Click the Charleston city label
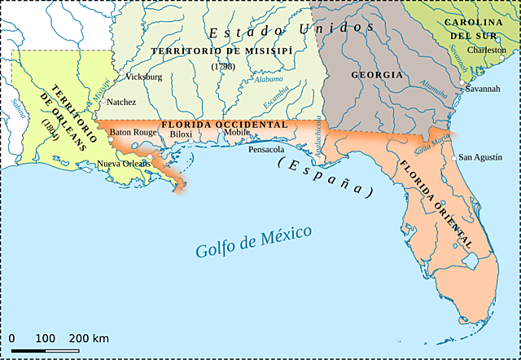pyautogui.click(x=487, y=50)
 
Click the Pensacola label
pyautogui.click(x=266, y=150)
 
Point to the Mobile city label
pyautogui.click(x=237, y=132)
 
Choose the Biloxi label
pyautogui.click(x=181, y=134)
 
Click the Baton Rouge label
pyautogui.click(x=133, y=132)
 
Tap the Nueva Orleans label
pyautogui.click(x=123, y=164)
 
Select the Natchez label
pyautogui.click(x=121, y=102)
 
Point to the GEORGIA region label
pyautogui.click(x=377, y=75)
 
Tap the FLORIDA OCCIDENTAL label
pyautogui.click(x=224, y=124)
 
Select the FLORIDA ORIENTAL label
pyautogui.click(x=435, y=204)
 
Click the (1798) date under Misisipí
pyautogui.click(x=221, y=66)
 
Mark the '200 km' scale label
pyautogui.click(x=88, y=338)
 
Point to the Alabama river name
pyautogui.click(x=268, y=81)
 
